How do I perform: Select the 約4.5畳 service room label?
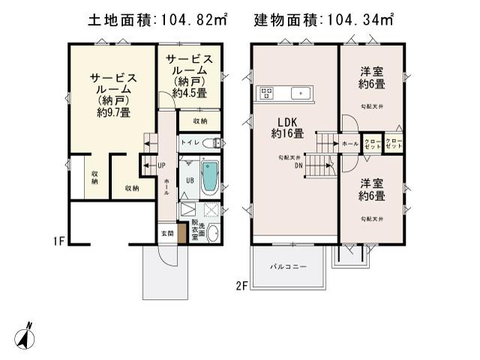(x=190, y=76)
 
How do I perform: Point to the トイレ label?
(x=190, y=142)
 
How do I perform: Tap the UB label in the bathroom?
(x=190, y=181)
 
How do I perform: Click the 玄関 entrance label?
(x=167, y=233)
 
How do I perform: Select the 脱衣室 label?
(x=194, y=229)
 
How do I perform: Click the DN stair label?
(x=298, y=165)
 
